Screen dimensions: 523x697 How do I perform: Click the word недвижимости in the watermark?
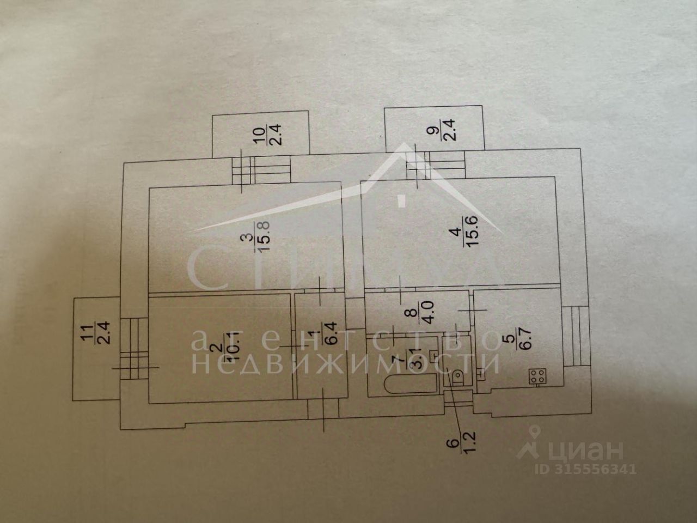coord(346,363)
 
